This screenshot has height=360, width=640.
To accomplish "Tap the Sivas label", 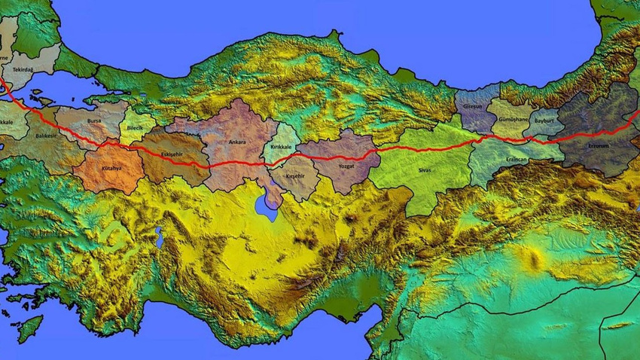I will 425,170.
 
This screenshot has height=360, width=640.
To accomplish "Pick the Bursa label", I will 94,121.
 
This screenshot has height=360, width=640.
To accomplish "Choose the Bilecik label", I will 135,128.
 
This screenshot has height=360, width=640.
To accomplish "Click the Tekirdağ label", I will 23,69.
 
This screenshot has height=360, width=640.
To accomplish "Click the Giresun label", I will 474,108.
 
